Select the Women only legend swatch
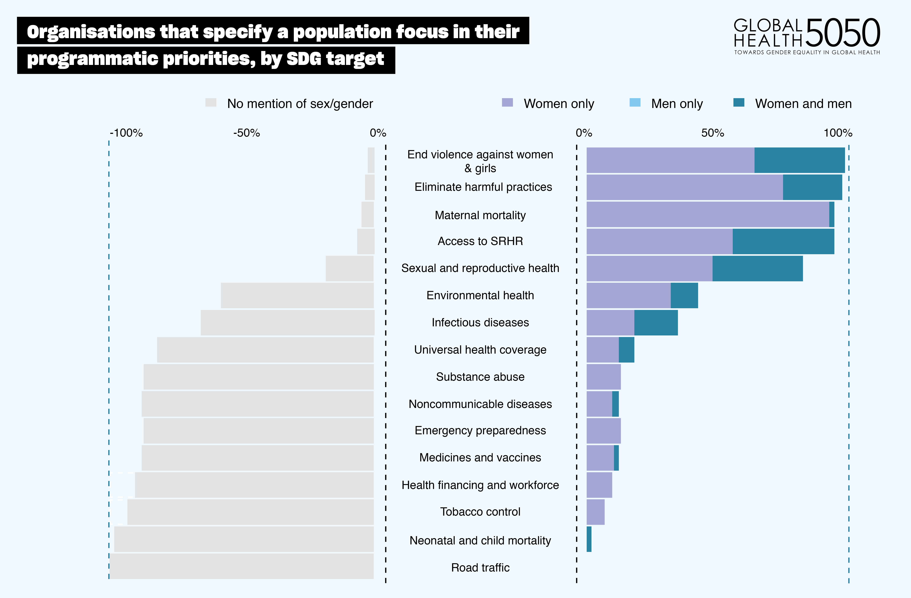507,103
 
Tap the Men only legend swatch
635,103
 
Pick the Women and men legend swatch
739,103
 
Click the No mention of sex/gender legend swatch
211,103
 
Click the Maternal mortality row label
480,215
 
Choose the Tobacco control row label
480,512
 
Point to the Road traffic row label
480,567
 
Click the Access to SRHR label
480,241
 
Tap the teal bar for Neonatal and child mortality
589,539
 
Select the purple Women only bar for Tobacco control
595,512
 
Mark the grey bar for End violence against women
371,160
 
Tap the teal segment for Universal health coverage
626,349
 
